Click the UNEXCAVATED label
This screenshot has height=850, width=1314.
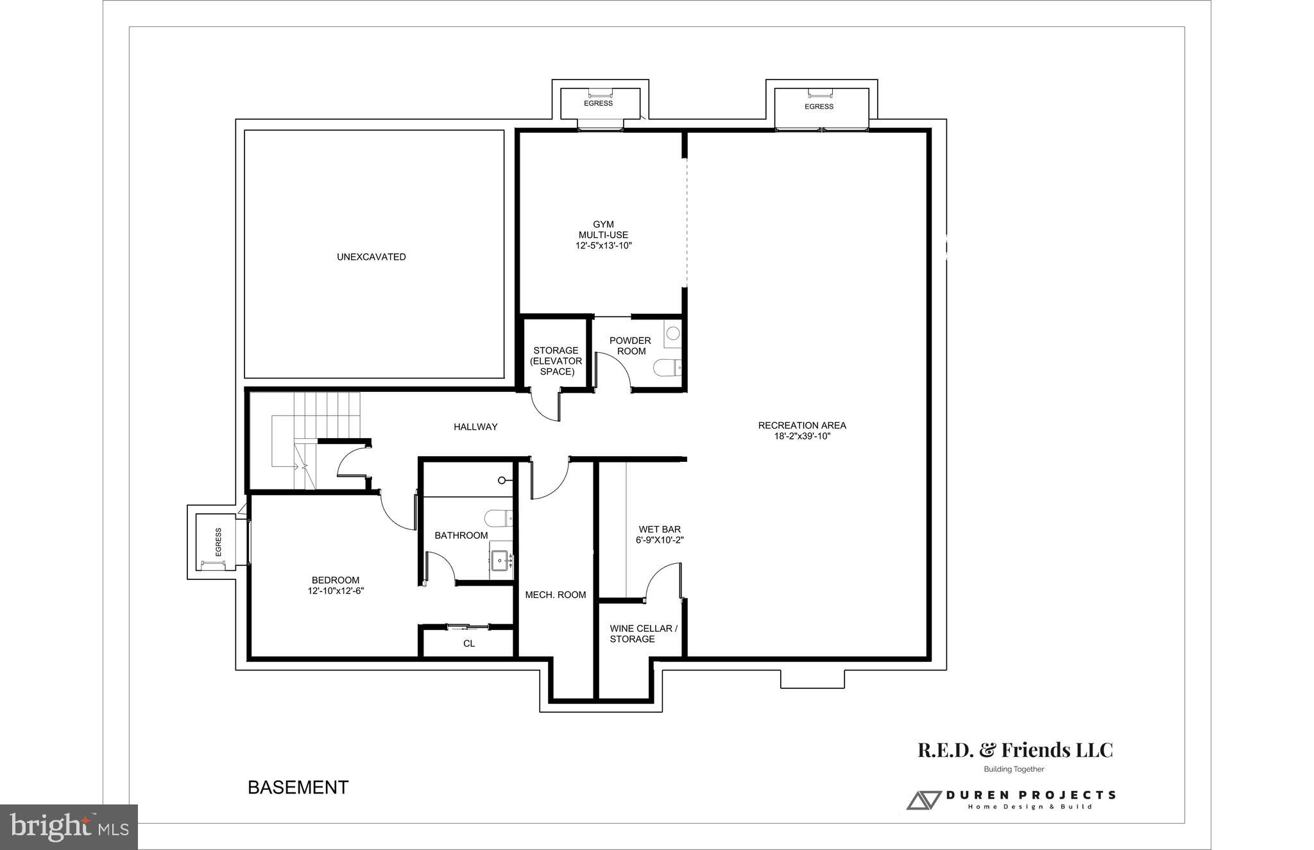click(371, 257)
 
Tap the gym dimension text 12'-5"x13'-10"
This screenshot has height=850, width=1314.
click(603, 246)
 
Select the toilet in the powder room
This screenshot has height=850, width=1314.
click(665, 368)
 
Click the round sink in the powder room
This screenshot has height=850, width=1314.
click(672, 334)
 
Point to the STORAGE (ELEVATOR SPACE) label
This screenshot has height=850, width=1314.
click(556, 361)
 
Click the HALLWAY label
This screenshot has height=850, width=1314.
click(475, 427)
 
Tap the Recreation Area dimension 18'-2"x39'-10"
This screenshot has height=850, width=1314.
click(802, 436)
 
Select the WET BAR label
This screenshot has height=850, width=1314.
click(660, 529)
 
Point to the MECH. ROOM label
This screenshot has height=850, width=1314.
click(556, 595)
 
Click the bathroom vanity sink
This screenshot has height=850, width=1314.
click(500, 561)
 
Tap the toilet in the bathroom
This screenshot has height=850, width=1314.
click(497, 517)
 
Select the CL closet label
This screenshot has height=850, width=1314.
click(469, 643)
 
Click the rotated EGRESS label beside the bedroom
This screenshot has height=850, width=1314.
click(218, 542)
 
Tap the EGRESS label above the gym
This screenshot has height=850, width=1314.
click(598, 103)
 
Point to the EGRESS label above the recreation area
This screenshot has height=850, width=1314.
click(819, 106)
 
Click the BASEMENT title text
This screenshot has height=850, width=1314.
click(298, 788)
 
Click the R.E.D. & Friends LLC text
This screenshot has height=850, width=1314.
click(1015, 750)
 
